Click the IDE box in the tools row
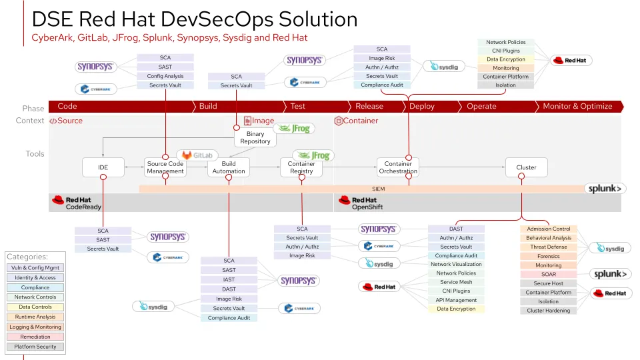pos(103,167)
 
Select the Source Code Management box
pos(165,167)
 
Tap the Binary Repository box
pos(255,138)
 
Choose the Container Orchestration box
pos(398,167)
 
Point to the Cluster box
pos(526,167)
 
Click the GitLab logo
pos(197,155)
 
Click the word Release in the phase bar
pos(369,106)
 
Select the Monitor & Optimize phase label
pos(577,106)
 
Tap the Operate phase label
pos(481,106)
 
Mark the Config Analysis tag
pos(165,76)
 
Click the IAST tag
pos(229,279)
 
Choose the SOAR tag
pos(549,274)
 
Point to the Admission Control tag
pos(549,229)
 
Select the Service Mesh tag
pos(456,282)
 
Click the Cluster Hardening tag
pos(549,311)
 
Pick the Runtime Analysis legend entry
pos(35,317)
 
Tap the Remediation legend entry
pos(35,337)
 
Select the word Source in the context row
pos(70,121)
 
